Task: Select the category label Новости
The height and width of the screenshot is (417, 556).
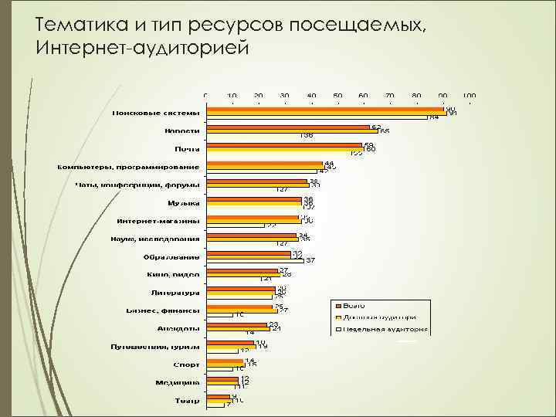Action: (x=181, y=131)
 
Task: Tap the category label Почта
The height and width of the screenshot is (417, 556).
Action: (x=188, y=149)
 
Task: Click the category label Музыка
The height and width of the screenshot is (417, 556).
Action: (x=184, y=203)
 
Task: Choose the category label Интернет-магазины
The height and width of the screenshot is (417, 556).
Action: (x=158, y=221)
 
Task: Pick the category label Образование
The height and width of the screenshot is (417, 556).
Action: (x=171, y=256)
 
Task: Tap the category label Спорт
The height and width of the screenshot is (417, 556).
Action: (x=187, y=364)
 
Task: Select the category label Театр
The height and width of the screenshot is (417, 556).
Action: (x=187, y=400)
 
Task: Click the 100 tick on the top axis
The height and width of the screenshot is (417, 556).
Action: (x=470, y=95)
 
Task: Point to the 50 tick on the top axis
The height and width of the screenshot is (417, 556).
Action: (x=337, y=95)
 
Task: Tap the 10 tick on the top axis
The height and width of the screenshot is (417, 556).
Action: (x=232, y=95)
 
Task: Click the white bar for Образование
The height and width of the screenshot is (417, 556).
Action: (x=254, y=261)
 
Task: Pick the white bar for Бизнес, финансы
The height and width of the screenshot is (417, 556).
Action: (x=221, y=315)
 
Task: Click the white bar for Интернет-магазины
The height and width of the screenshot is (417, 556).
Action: (x=237, y=225)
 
